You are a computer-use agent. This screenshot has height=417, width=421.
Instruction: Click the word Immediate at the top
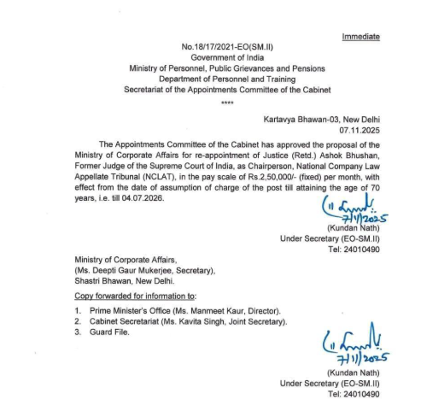(x=360, y=37)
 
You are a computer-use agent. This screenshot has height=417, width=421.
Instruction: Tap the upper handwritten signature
(x=350, y=213)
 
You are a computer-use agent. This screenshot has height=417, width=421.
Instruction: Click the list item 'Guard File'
(x=108, y=332)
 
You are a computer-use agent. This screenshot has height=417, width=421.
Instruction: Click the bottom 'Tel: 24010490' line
(x=354, y=394)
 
